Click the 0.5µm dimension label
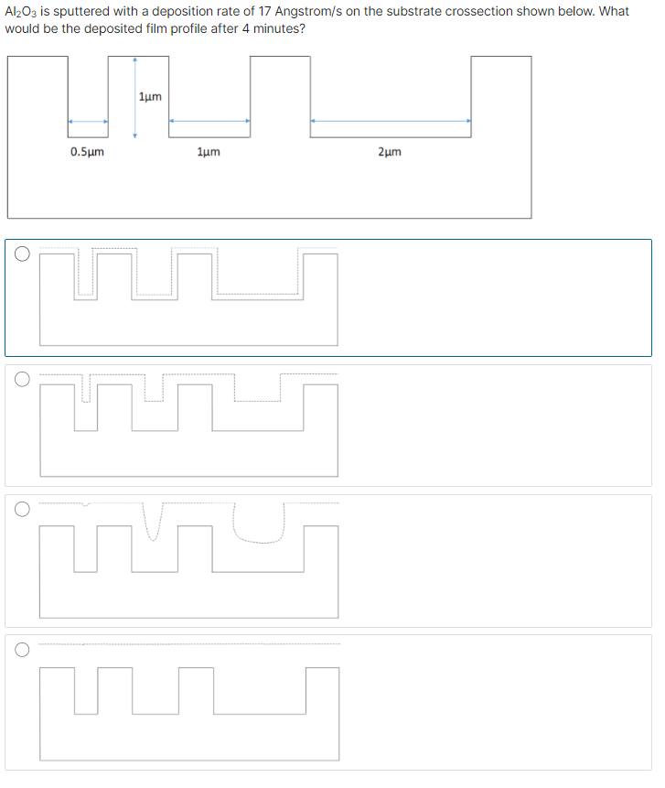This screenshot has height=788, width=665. [87, 152]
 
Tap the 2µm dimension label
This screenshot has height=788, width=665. [389, 152]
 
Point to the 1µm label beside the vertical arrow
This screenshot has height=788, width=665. [151, 96]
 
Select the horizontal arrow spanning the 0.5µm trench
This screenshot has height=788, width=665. [88, 120]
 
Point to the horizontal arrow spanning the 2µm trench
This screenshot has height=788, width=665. [391, 120]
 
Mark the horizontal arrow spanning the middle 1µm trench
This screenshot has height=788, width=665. [209, 120]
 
